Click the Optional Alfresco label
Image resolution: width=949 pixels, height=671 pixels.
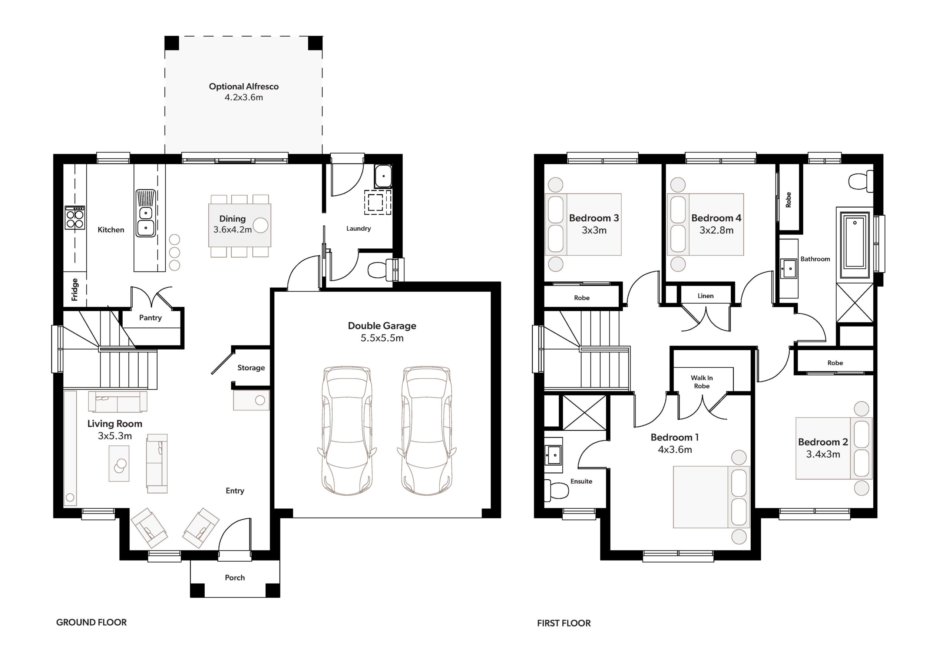click(x=244, y=86)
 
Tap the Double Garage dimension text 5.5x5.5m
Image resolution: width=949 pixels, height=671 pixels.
click(x=382, y=338)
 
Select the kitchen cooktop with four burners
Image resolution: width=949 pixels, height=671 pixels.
click(x=75, y=218)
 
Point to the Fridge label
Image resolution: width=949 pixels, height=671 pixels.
click(x=75, y=290)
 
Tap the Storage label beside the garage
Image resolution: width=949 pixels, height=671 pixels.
click(x=251, y=367)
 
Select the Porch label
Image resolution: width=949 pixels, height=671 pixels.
click(x=235, y=578)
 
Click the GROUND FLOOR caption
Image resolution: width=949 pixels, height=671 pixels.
click(x=91, y=622)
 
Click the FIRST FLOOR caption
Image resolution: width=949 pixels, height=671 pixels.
click(x=564, y=623)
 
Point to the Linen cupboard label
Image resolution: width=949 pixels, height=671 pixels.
click(x=705, y=296)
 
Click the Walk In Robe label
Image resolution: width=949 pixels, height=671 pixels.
click(x=702, y=382)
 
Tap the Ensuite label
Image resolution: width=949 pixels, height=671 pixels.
click(x=581, y=481)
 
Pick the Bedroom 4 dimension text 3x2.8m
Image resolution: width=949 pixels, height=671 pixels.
click(x=716, y=230)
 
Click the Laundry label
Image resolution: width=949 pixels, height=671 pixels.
click(x=358, y=229)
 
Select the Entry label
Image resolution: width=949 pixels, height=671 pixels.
click(x=235, y=491)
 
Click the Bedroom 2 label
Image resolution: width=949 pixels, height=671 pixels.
click(x=823, y=442)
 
